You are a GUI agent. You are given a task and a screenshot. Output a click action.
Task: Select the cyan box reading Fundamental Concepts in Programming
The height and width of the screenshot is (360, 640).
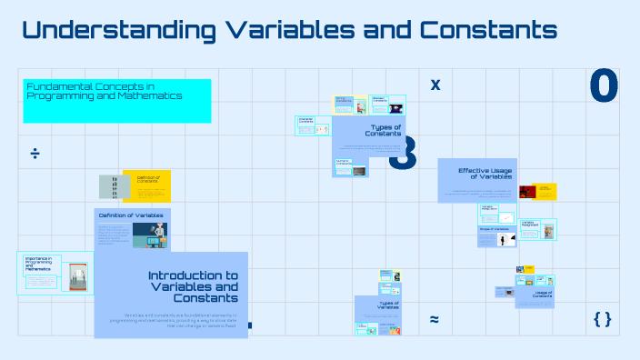[117, 99]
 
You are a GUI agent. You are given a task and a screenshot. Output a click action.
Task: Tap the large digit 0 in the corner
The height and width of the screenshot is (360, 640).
[604, 86]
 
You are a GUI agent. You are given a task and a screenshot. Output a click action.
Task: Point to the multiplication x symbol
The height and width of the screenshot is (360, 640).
[435, 85]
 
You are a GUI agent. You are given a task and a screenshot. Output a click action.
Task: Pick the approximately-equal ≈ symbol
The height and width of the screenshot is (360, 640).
[435, 319]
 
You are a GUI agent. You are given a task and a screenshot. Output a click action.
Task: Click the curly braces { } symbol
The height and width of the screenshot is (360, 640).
[602, 319]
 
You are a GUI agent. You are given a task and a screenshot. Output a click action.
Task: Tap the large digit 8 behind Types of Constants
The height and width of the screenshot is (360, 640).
[403, 153]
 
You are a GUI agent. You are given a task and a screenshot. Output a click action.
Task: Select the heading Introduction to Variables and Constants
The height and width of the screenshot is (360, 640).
[193, 286]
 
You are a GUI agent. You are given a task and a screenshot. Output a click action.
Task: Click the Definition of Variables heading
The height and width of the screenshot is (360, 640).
[131, 215]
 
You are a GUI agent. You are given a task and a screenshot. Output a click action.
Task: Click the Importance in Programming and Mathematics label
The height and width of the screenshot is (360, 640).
[38, 265]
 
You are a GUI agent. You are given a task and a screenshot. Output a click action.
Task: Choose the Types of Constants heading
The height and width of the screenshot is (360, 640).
[385, 130]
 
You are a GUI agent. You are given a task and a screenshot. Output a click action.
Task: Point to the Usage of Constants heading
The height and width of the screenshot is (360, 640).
[543, 294]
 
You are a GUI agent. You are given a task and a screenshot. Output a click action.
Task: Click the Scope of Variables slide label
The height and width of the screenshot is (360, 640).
[494, 229]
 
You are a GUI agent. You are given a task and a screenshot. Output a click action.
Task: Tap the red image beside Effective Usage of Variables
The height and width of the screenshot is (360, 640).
[527, 192]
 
